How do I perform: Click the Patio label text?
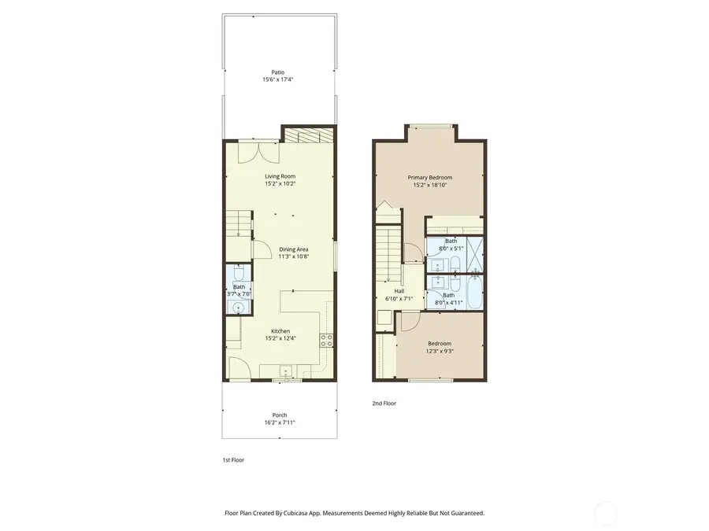pos(279,72)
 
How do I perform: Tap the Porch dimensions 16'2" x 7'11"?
pos(280,422)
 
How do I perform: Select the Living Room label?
pos(280,176)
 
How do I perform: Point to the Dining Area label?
pos(293,249)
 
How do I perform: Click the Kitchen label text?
pos(280,331)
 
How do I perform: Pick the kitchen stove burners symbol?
pos(326,340)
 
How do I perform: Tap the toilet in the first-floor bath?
pos(239,276)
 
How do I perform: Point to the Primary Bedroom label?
pos(429,177)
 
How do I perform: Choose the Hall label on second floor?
pos(388,291)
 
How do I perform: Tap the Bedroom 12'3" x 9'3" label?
pos(440,347)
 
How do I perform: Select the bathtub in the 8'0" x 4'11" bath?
pos(476,293)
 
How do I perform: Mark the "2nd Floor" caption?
pos(384,404)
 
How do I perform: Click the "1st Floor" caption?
pos(233,460)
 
